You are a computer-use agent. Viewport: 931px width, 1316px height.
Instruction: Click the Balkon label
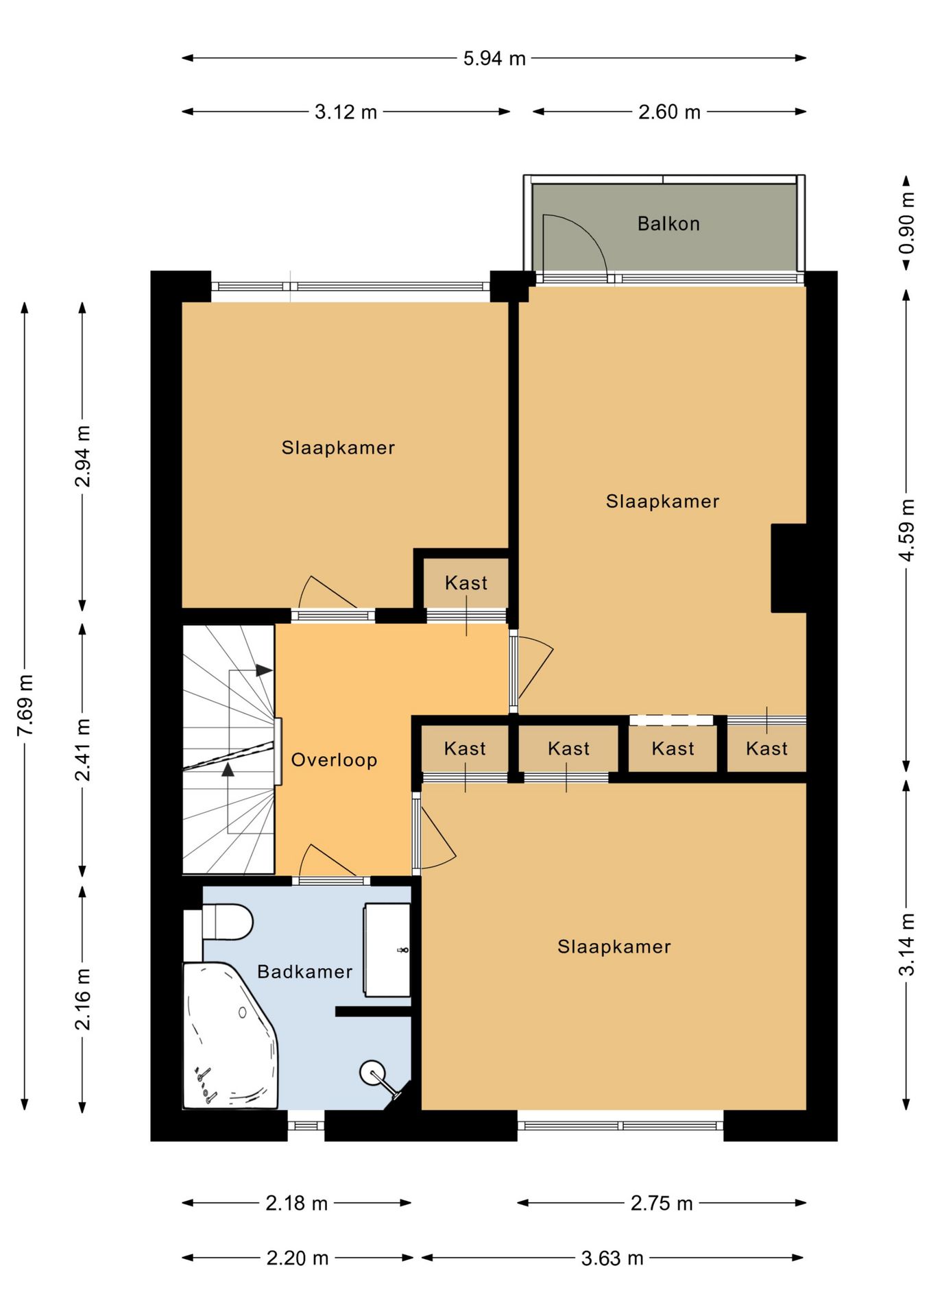(668, 223)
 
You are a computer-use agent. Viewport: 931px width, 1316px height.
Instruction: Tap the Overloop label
(334, 760)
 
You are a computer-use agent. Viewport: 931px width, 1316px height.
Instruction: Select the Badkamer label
(305, 971)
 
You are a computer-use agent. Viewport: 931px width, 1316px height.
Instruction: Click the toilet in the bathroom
(228, 922)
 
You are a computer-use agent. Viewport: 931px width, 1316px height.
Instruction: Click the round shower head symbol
(372, 1073)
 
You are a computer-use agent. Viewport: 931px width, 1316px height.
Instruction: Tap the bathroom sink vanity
(387, 950)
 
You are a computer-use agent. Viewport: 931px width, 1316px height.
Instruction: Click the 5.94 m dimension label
(494, 58)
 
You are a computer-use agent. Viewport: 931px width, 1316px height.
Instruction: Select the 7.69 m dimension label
(25, 705)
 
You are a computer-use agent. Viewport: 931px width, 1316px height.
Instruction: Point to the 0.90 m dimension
(907, 222)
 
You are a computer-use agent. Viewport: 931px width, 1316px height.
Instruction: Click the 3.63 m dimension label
(612, 1258)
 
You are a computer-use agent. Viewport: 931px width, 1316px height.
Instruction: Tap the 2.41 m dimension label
(83, 750)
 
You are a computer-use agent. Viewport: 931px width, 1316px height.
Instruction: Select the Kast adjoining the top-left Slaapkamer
(466, 583)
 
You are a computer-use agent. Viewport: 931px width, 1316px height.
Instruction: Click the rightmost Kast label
(766, 748)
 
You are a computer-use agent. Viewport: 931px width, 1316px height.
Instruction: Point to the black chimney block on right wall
(788, 568)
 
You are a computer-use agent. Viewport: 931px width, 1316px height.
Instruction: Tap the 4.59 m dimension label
(907, 531)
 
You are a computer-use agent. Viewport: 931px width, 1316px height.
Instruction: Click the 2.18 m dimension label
(297, 1203)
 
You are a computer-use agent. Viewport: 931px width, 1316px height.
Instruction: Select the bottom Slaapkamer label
(614, 947)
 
